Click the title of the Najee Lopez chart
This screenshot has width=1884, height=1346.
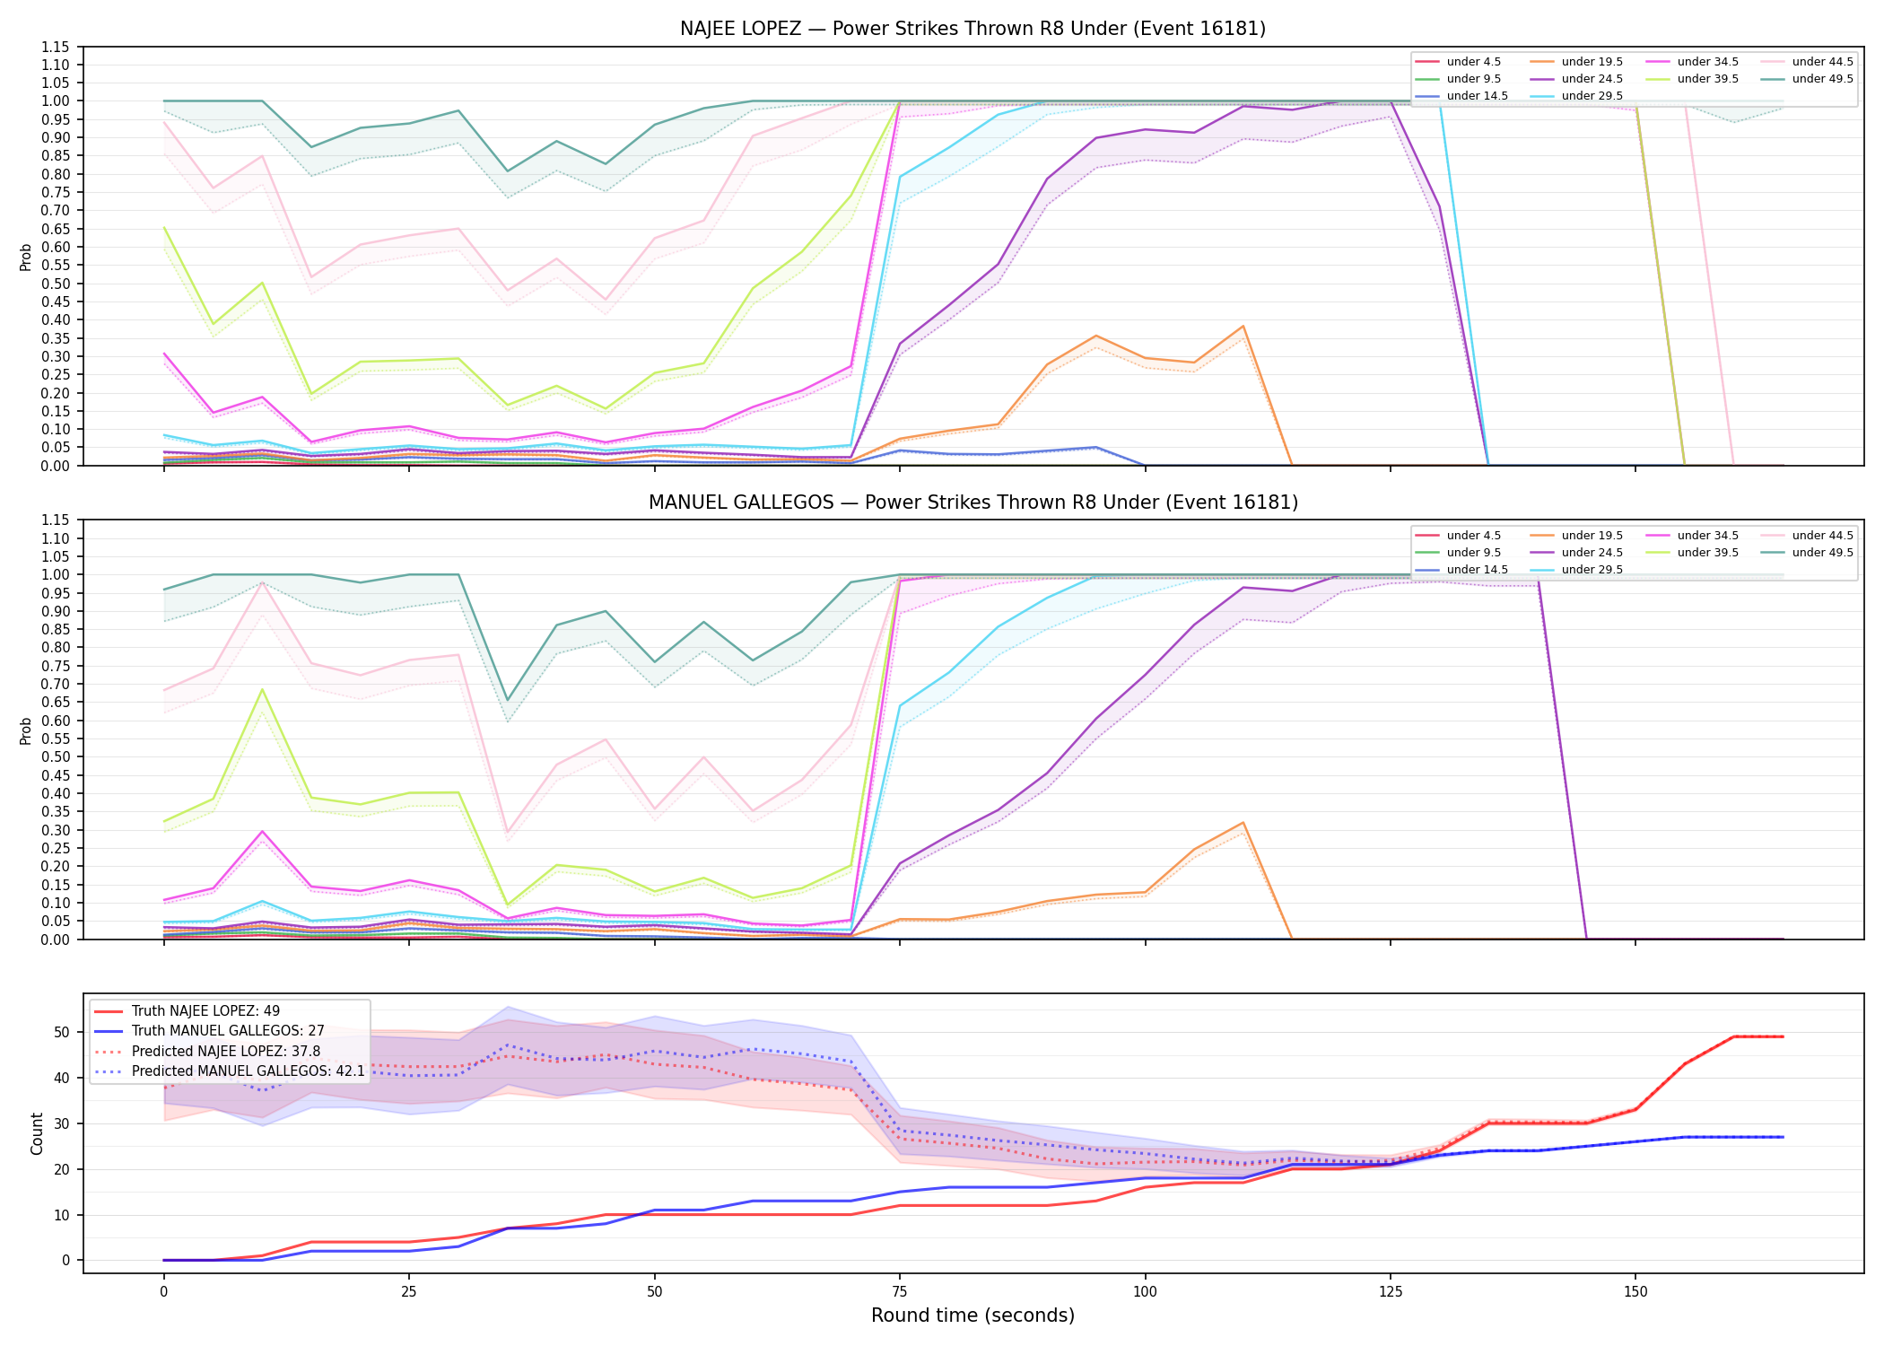click(973, 29)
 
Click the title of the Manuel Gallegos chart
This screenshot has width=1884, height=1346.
click(973, 503)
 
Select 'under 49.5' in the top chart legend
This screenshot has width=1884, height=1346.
click(1822, 79)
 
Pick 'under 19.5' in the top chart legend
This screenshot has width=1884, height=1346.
click(1592, 62)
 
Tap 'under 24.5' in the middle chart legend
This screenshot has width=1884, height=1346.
click(1592, 553)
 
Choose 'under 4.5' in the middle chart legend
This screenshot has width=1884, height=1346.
click(1473, 536)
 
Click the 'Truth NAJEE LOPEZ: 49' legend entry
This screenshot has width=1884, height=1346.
click(205, 1011)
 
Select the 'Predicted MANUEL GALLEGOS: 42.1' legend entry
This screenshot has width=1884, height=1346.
click(249, 1071)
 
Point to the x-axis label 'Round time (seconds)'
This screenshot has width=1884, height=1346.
click(973, 1315)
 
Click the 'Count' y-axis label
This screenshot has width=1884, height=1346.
click(37, 1133)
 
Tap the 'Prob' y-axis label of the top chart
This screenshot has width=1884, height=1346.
click(26, 257)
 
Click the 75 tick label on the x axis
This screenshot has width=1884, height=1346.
click(900, 1292)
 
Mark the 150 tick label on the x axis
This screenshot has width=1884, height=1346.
click(1635, 1292)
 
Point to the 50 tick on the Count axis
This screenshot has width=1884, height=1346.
click(62, 1032)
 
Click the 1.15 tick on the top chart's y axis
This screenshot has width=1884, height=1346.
click(55, 47)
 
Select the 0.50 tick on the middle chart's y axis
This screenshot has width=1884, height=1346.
click(55, 756)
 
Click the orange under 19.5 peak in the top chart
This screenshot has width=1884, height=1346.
click(1243, 326)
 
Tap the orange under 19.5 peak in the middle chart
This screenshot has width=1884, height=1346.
click(1243, 823)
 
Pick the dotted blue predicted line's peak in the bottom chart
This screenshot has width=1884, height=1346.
click(508, 1044)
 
